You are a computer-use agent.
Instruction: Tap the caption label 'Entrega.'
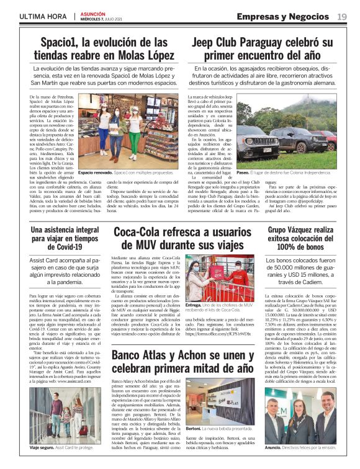(x=194, y=306)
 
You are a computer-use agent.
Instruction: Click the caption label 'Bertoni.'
(x=194, y=429)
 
